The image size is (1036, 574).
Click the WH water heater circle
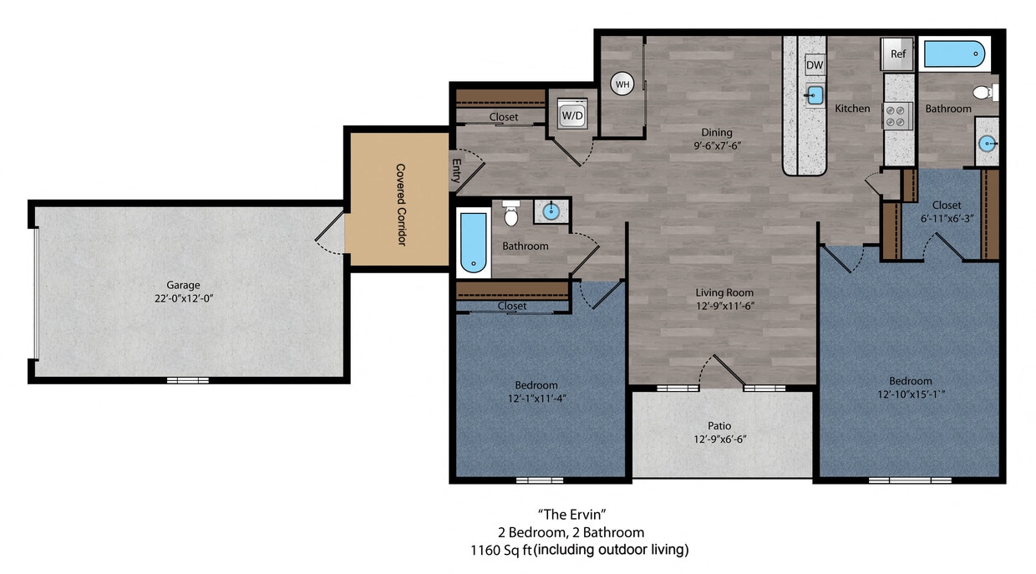(622, 84)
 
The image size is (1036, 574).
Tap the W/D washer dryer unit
(572, 114)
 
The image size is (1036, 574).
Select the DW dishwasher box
(815, 65)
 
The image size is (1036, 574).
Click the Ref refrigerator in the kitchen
(898, 54)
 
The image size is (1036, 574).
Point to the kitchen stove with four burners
(898, 114)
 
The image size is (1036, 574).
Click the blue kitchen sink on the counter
(815, 94)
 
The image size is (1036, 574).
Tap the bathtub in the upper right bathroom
(953, 55)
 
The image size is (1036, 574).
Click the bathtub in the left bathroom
(472, 242)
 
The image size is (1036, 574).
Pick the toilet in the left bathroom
(512, 215)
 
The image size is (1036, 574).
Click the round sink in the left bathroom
(551, 211)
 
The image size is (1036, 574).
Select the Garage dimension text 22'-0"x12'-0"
(183, 297)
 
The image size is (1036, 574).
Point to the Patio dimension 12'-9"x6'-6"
(719, 439)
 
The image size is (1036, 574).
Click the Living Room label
(724, 292)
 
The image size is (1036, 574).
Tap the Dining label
(716, 132)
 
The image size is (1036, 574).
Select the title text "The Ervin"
(569, 513)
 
